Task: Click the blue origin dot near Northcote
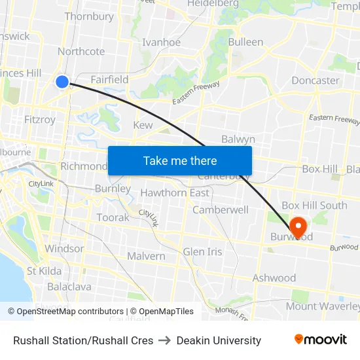pos(62,82)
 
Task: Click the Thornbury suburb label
pos(89,16)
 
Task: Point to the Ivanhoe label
pos(161,43)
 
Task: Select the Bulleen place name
pos(245,43)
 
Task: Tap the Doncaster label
pos(315,81)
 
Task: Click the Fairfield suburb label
pos(109,79)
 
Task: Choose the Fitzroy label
pos(39,120)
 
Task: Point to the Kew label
pos(143,125)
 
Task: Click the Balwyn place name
pos(238,139)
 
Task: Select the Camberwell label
pos(220,210)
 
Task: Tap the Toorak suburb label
pos(113,217)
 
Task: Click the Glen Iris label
pos(202,252)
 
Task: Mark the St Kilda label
pos(44,271)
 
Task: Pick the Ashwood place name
pos(274,278)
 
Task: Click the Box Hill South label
pos(314,206)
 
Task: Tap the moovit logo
pos(321,340)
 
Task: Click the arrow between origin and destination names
pos(165,340)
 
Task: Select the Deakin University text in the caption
pos(219,340)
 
